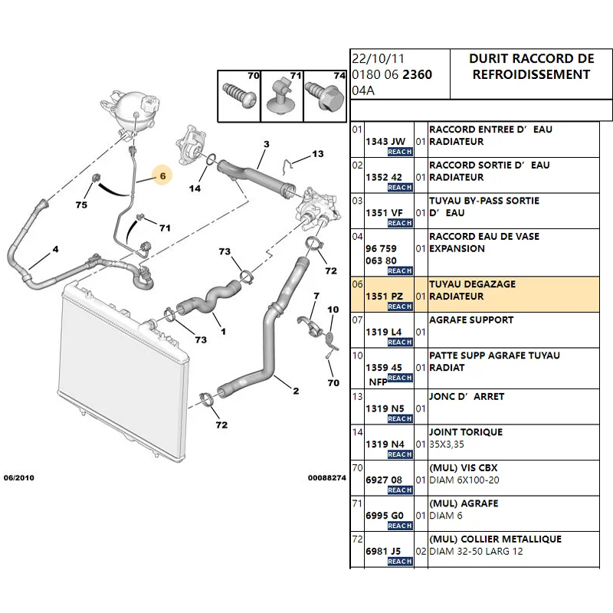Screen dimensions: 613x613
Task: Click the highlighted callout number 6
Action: (162, 175)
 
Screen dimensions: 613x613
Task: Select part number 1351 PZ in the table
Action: (386, 295)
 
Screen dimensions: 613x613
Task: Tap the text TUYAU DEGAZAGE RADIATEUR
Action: (472, 290)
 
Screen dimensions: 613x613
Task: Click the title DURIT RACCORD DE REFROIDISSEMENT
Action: (531, 67)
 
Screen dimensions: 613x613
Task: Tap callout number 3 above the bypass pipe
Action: (266, 144)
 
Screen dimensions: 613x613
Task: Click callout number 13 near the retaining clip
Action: (318, 155)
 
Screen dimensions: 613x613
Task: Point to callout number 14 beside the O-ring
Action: (195, 188)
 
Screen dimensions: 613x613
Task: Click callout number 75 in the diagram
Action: (81, 205)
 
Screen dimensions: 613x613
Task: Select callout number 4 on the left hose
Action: (55, 250)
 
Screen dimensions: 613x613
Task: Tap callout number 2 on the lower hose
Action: (295, 391)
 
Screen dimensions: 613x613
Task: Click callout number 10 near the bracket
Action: (333, 310)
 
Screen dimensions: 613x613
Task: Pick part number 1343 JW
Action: (386, 141)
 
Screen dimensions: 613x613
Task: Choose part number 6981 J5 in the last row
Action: (386, 550)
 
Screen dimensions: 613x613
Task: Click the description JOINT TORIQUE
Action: (466, 432)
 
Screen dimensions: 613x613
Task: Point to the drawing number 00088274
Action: (327, 477)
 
